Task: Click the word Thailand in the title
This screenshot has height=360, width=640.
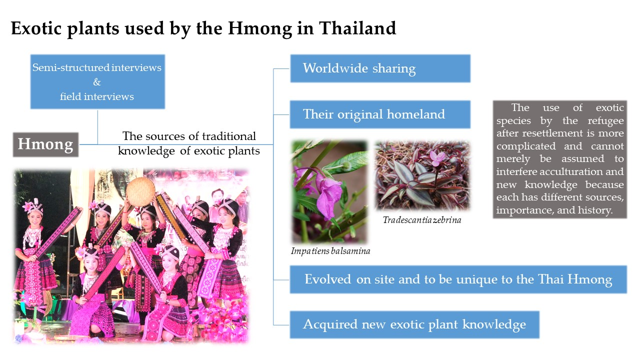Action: [x=357, y=28]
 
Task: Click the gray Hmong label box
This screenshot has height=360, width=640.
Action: [x=45, y=144]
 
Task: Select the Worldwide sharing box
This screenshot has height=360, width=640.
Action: [x=380, y=68]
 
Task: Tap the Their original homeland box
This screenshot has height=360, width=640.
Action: [x=380, y=114]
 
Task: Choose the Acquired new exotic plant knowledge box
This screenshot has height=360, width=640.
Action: [x=414, y=324]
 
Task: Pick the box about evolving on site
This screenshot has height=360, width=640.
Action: [x=458, y=279]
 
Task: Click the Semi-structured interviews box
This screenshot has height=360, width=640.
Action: [x=97, y=81]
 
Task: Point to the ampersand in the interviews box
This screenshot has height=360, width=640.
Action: [x=97, y=82]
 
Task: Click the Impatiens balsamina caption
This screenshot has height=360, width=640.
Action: [x=330, y=251]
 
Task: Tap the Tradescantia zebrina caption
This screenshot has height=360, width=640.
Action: [x=422, y=220]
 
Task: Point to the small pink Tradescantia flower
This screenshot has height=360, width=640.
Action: [x=437, y=158]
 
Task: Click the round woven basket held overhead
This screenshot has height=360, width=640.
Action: [x=140, y=191]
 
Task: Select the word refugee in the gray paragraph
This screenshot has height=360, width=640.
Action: [x=605, y=121]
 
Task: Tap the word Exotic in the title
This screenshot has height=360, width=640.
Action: [x=36, y=28]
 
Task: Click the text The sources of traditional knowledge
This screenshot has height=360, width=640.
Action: [x=189, y=143]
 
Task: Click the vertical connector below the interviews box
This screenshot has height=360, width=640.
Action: [x=97, y=127]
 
